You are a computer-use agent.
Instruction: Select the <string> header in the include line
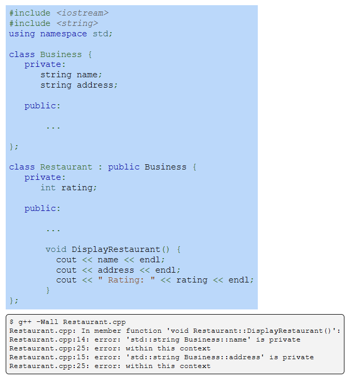77,23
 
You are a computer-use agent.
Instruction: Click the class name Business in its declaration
61,54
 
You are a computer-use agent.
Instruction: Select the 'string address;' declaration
79,85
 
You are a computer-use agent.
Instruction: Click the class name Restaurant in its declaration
66,167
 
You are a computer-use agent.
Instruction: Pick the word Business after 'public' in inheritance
165,167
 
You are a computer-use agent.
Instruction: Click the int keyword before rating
48,188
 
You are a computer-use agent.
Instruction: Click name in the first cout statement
108,260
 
